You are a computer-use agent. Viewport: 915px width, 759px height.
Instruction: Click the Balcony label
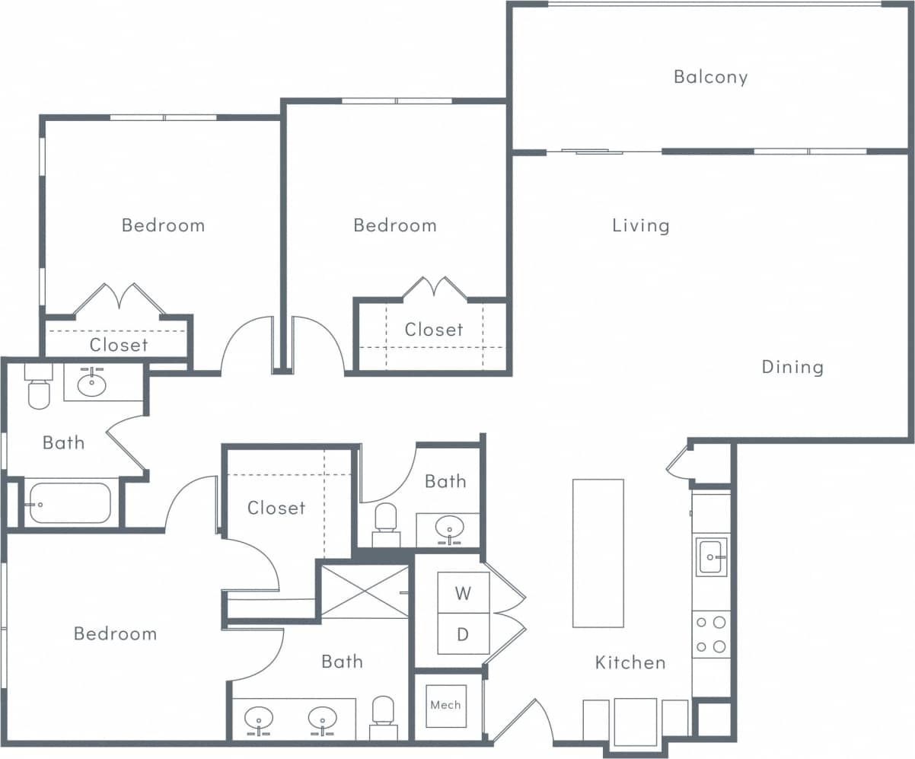point(710,77)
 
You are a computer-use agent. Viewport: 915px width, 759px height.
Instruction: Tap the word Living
point(641,225)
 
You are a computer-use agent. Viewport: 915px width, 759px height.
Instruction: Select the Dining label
point(792,367)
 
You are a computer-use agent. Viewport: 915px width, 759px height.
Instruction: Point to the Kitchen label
point(630,662)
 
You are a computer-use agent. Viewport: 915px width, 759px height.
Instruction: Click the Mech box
point(445,705)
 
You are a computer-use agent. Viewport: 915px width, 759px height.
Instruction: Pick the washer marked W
point(463,593)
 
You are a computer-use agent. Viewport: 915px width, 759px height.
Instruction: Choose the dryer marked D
point(463,633)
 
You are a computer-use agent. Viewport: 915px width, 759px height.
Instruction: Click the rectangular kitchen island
point(598,553)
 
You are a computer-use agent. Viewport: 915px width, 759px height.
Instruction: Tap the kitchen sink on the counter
point(711,556)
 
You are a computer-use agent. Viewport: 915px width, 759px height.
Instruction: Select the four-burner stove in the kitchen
point(711,634)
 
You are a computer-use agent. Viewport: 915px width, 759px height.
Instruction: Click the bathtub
point(70,503)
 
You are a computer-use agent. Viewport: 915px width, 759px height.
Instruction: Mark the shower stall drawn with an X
point(365,590)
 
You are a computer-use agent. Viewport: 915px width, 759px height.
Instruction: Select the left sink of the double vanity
point(260,719)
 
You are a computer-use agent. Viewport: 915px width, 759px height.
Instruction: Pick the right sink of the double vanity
point(322,719)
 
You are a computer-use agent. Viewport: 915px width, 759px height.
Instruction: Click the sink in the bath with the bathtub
point(92,383)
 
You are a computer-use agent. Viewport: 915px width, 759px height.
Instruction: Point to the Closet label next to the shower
point(276,508)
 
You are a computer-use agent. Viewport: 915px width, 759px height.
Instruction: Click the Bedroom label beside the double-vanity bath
point(115,633)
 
